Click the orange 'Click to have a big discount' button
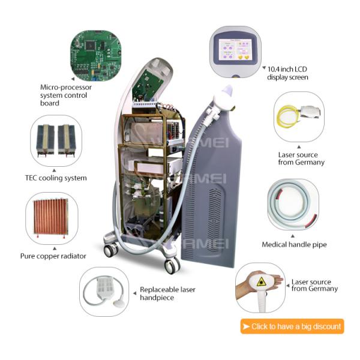pos(292,326)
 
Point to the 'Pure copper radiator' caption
pos(53,256)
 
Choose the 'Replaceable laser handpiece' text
pos(167,293)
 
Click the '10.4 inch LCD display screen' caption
pos(289,73)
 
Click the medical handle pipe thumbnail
pos(292,206)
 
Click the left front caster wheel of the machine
pos(111,251)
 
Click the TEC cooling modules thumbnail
pos(55,140)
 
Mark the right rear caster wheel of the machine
pos(172,262)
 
